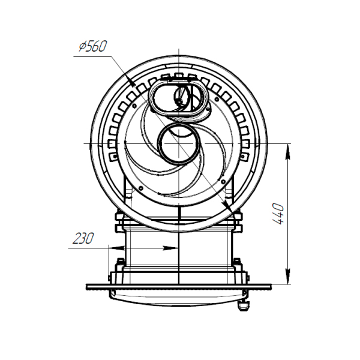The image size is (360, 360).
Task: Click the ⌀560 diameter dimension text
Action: click(x=93, y=46)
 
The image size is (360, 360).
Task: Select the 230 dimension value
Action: click(x=83, y=238)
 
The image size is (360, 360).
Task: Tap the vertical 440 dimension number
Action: click(x=278, y=214)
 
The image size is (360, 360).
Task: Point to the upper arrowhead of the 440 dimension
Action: click(x=287, y=151)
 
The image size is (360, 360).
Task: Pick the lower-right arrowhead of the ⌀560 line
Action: click(x=228, y=206)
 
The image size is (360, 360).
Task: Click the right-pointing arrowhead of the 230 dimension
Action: click(x=170, y=248)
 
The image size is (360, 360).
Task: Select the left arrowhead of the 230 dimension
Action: click(x=116, y=248)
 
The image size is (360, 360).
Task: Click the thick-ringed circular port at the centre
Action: click(x=179, y=144)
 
